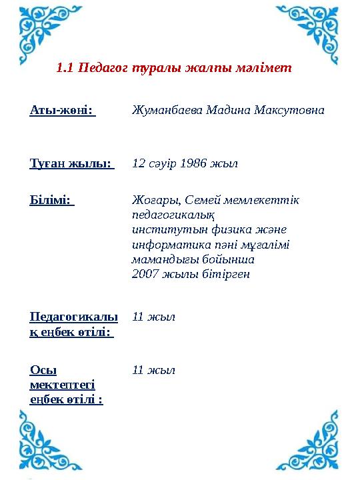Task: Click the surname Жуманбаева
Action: click(x=164, y=109)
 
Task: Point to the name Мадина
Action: click(x=224, y=109)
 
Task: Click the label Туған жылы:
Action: click(x=72, y=163)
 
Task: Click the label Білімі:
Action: click(x=52, y=201)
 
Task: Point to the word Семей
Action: click(x=201, y=201)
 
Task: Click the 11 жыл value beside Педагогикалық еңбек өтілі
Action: click(x=154, y=317)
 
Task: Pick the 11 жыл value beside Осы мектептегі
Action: click(x=154, y=370)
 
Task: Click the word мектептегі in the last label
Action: click(x=62, y=385)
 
